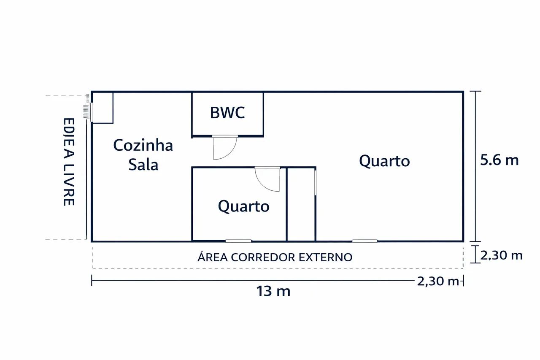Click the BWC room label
tap(227, 113)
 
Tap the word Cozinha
tap(143, 146)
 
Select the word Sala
tap(143, 165)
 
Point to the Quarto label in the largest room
tap(384, 161)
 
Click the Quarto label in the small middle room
tap(243, 206)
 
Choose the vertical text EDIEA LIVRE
tap(68, 162)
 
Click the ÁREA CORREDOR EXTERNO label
tap(275, 257)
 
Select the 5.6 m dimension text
tap(499, 160)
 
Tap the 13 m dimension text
tap(273, 291)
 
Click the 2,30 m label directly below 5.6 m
tap(502, 255)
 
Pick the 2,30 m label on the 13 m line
tap(437, 281)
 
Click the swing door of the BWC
tap(224, 147)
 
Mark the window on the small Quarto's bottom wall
tap(238, 241)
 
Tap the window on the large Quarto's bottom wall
tap(365, 241)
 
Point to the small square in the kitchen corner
tap(103, 108)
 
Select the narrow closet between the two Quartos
tap(301, 205)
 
